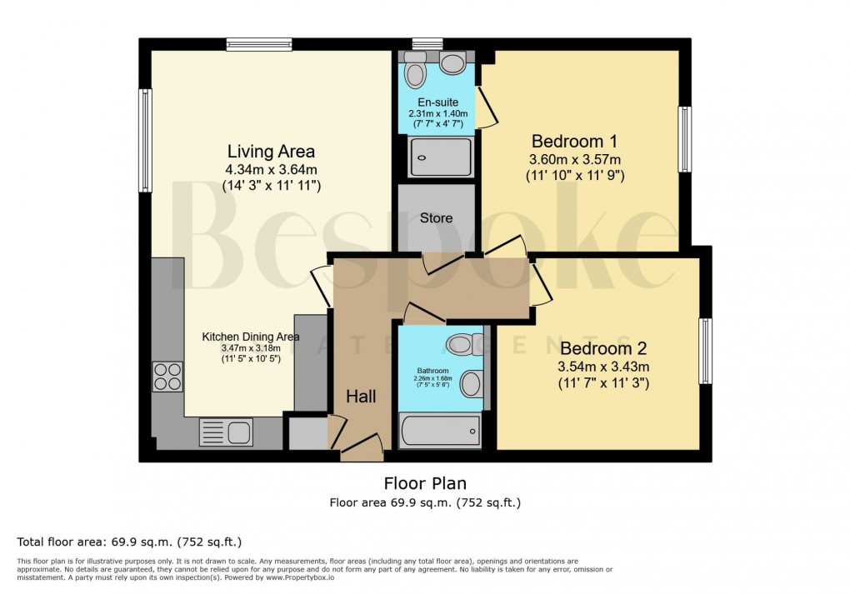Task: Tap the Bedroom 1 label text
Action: (x=574, y=140)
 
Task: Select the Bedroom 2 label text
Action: (x=603, y=348)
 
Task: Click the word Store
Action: (x=436, y=218)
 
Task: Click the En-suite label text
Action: (x=437, y=102)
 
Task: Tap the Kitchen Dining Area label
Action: (x=251, y=337)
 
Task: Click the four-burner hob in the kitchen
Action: (x=167, y=377)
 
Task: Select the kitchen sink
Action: (x=226, y=432)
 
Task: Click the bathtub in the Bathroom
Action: (x=440, y=432)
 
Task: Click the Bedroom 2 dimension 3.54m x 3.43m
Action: (x=603, y=366)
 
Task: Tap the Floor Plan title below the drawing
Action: (x=425, y=483)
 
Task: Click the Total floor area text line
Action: (x=129, y=542)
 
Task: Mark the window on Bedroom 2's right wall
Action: (x=706, y=351)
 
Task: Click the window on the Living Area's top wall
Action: (x=258, y=45)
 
